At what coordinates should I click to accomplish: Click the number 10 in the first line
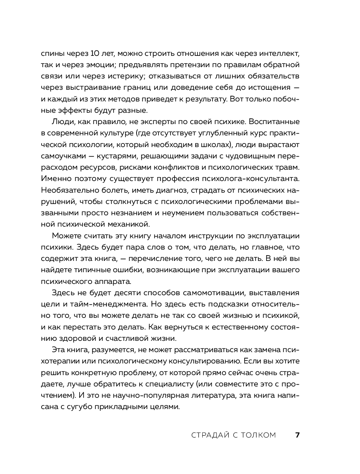click(94, 54)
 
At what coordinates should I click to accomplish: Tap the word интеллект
click(277, 54)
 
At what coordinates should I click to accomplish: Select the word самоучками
click(62, 156)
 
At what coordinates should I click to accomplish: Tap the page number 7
click(297, 435)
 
